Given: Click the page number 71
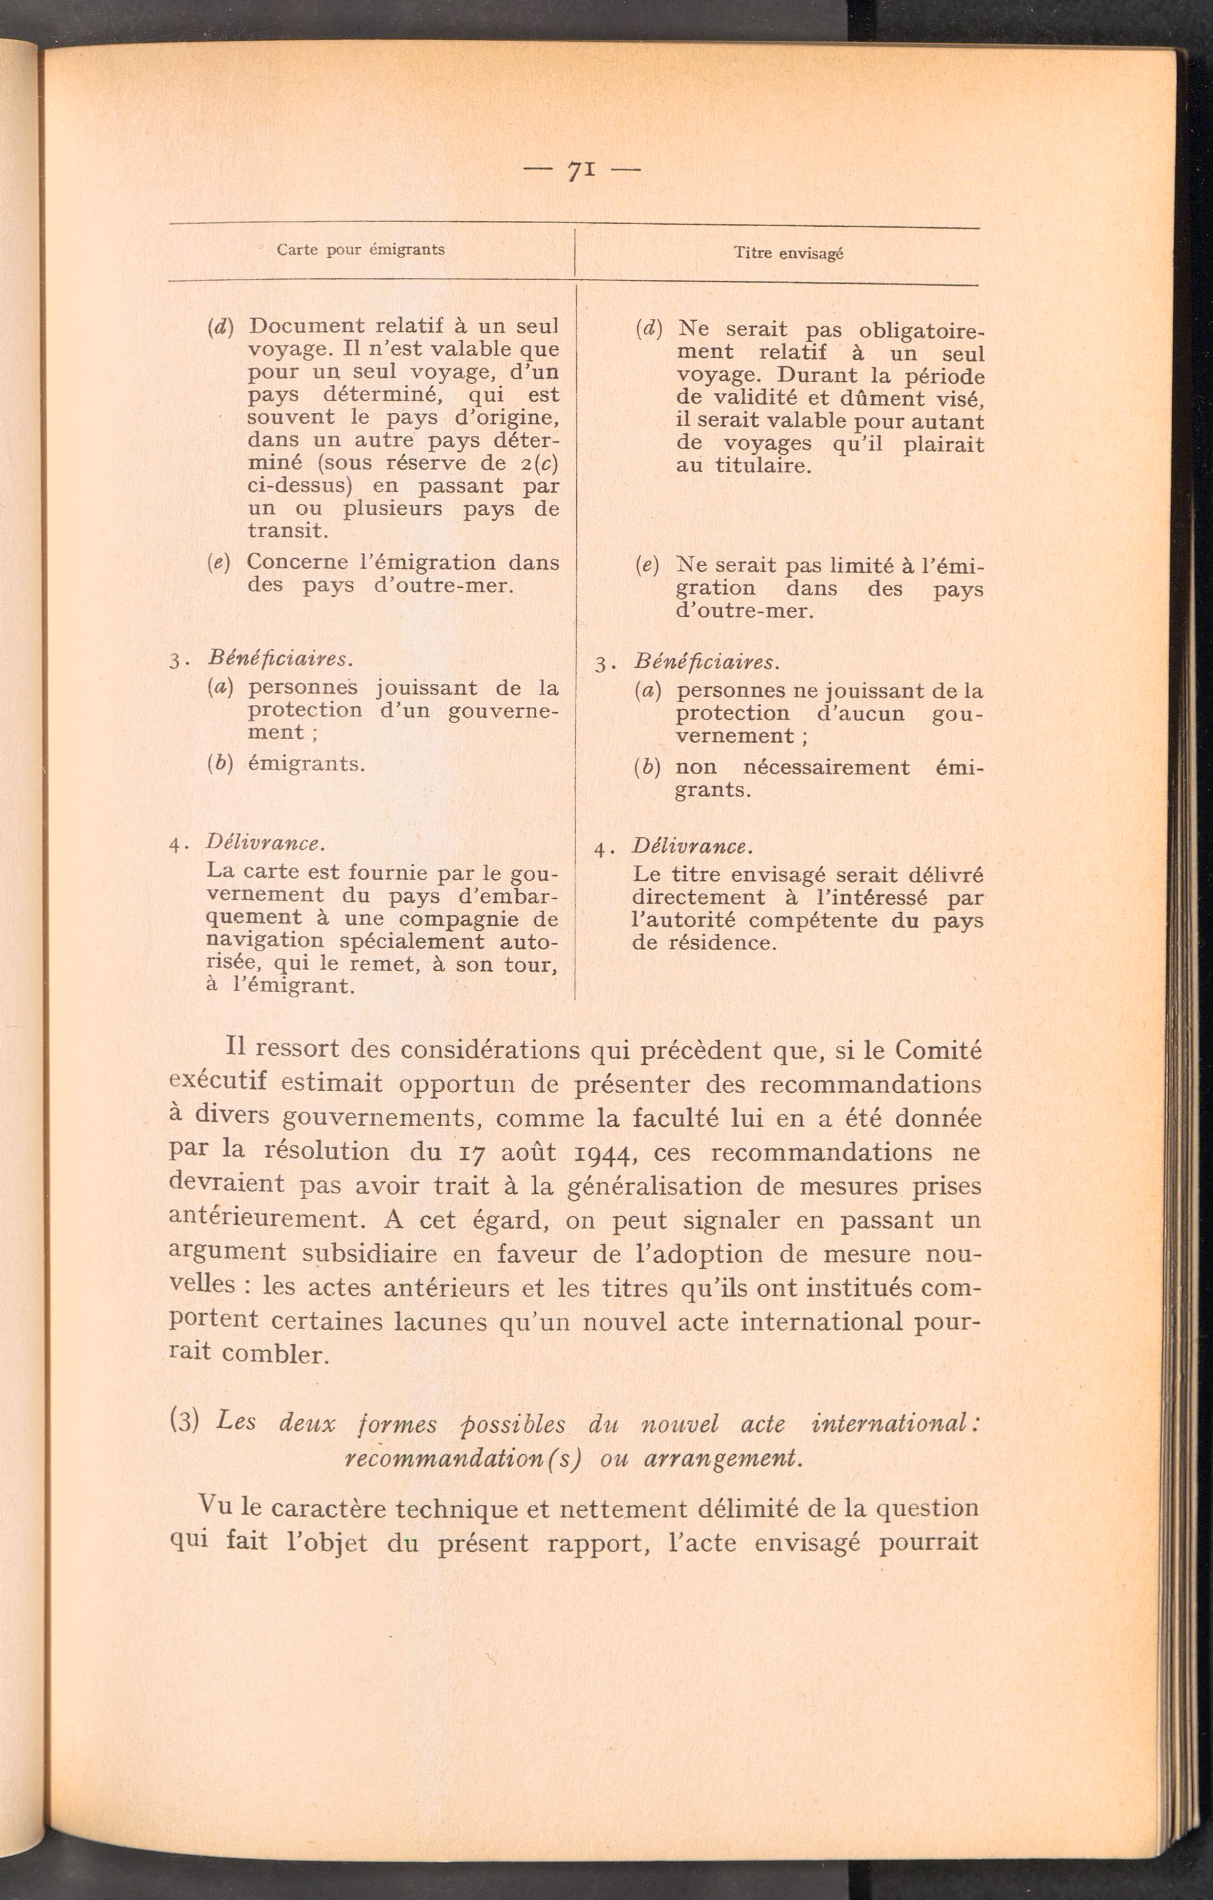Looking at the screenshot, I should pos(581,170).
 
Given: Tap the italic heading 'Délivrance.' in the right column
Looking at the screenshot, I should pos(692,847).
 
